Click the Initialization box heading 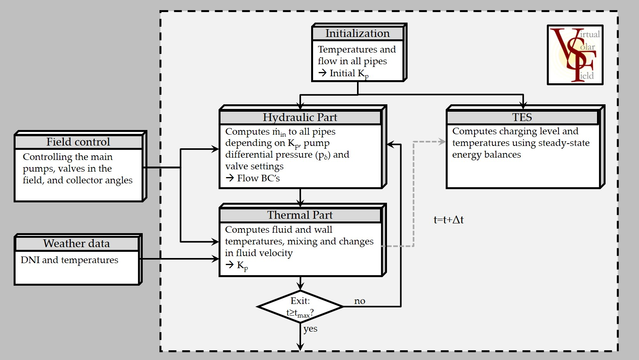(x=357, y=33)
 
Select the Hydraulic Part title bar (x=300, y=117)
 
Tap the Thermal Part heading (x=300, y=215)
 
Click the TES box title (x=522, y=117)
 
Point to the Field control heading (x=78, y=142)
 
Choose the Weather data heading (x=77, y=243)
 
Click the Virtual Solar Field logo (x=575, y=54)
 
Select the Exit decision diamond (x=300, y=307)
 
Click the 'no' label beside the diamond (x=360, y=301)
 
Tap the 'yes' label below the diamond (x=310, y=328)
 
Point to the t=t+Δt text (x=448, y=220)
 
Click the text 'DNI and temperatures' (x=69, y=260)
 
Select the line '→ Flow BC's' (x=253, y=178)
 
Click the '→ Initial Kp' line (x=343, y=74)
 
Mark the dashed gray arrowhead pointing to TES (x=442, y=142)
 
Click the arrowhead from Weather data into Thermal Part (x=215, y=259)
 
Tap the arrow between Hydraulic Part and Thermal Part (x=300, y=198)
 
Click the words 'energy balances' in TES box (x=486, y=155)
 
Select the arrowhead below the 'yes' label (x=300, y=347)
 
